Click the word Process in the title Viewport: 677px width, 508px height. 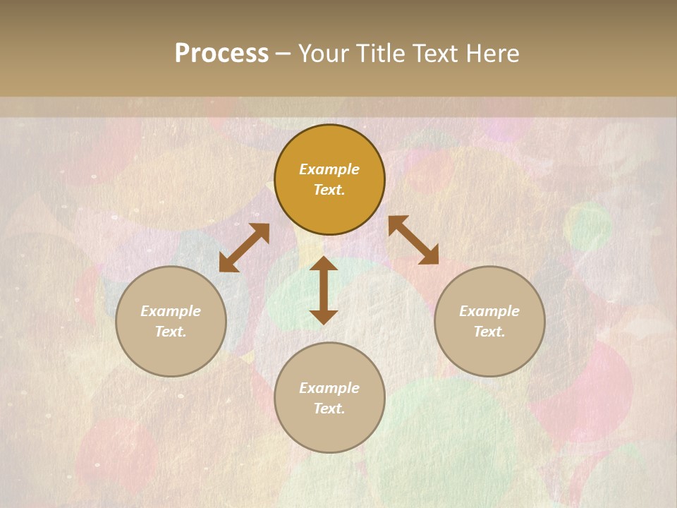[221, 54]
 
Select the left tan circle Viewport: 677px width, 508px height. [171, 353]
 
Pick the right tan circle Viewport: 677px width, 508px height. [489, 353]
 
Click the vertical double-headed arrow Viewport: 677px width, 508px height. [324, 290]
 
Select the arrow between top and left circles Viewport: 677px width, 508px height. [244, 248]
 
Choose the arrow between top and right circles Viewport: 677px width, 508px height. [413, 240]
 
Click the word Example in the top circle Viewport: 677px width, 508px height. [329, 169]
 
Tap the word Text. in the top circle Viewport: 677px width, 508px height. [329, 190]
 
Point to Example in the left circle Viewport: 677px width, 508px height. [171, 311]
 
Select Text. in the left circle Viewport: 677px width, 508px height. [171, 332]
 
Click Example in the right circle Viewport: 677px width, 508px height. [489, 311]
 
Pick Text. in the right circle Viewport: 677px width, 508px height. [489, 332]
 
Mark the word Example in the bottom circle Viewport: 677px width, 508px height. [329, 388]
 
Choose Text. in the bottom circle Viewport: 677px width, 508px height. [329, 409]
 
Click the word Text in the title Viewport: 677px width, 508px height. [437, 54]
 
